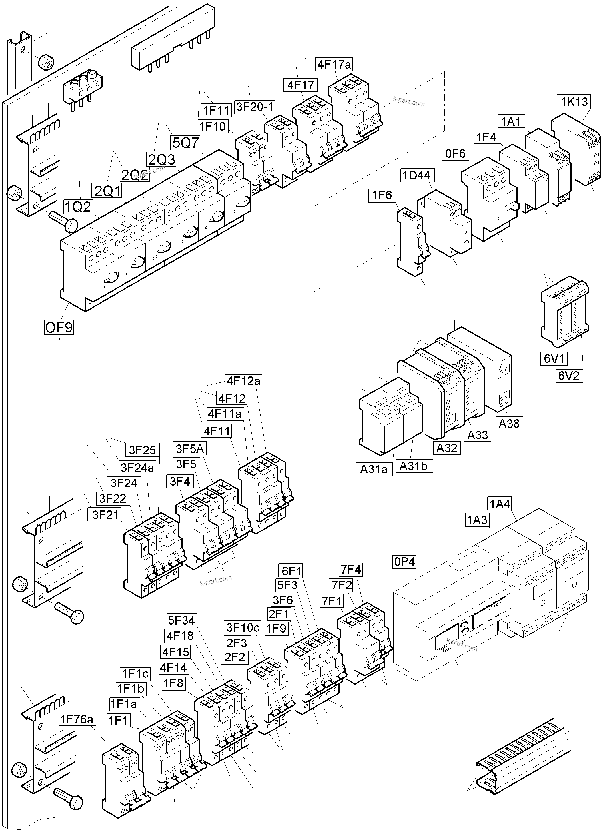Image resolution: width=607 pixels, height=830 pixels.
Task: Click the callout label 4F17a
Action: [x=334, y=65]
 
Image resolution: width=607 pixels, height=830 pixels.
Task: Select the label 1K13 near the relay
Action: [x=574, y=101]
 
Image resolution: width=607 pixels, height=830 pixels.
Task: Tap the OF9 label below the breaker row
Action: [x=59, y=327]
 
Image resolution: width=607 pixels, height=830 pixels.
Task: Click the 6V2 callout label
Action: [x=568, y=376]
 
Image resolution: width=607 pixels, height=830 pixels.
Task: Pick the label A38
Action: [x=509, y=423]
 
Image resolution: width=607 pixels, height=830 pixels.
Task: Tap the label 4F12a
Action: [x=243, y=381]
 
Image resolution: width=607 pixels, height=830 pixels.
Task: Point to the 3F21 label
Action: [x=105, y=514]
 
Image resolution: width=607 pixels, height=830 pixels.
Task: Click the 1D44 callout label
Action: [x=416, y=175]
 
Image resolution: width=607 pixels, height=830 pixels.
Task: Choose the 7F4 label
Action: [x=351, y=569]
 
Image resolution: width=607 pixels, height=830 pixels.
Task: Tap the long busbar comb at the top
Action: [x=173, y=37]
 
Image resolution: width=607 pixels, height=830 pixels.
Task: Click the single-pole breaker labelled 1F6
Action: [x=410, y=242]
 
